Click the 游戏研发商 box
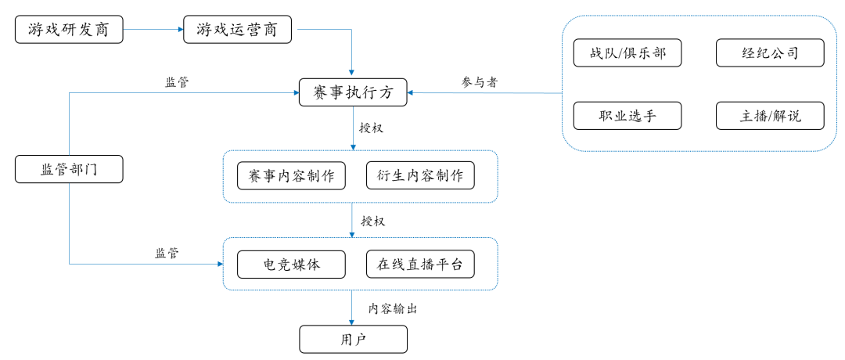69,30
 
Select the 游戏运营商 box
237,30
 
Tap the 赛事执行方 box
353,93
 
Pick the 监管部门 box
69,169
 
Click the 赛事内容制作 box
291,176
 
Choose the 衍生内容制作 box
420,176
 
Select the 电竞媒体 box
291,265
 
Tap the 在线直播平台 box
420,265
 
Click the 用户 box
353,340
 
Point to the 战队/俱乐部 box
627,53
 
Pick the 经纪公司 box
770,53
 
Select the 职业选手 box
627,116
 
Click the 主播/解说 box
770,116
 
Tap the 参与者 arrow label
480,82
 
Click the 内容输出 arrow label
393,308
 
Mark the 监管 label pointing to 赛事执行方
177,82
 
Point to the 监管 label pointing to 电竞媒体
167,253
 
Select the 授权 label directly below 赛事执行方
371,127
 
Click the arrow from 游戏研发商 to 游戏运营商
153,30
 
